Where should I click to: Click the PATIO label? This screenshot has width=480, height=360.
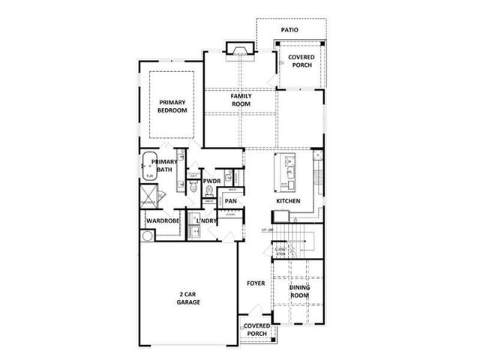click(x=289, y=30)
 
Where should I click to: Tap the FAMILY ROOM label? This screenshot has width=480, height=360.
click(x=240, y=100)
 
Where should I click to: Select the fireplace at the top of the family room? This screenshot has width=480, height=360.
click(x=240, y=50)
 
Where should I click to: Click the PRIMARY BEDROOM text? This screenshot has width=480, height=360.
click(x=172, y=106)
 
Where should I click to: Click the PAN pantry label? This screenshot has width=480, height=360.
click(x=231, y=201)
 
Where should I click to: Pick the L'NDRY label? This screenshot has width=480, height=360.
click(x=207, y=221)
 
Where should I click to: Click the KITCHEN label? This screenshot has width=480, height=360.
click(x=288, y=202)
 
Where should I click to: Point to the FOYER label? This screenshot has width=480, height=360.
click(x=256, y=283)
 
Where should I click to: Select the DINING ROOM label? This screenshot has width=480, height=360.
click(x=299, y=291)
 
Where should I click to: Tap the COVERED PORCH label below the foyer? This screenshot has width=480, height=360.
click(x=256, y=330)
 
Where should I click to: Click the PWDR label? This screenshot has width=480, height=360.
click(x=211, y=181)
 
